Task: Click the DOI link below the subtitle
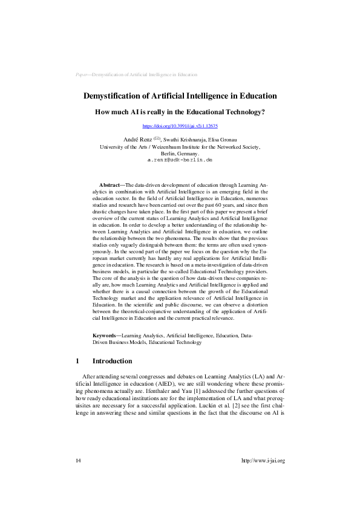click(180, 126)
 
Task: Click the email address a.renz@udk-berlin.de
click(180, 160)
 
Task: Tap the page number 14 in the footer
click(78, 461)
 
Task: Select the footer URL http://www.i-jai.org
click(263, 461)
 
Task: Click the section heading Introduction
click(112, 361)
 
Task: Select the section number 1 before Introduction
click(77, 361)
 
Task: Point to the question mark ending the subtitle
click(263, 112)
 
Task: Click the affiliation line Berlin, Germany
click(180, 153)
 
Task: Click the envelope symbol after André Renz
click(155, 138)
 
